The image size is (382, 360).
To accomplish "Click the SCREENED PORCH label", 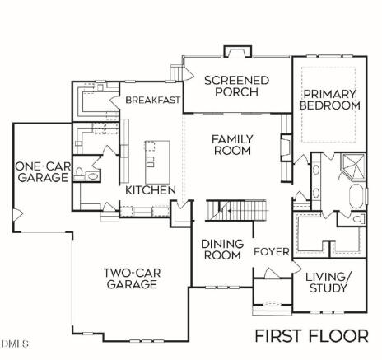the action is pos(236,86).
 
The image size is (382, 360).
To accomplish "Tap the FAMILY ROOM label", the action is pos(232,145).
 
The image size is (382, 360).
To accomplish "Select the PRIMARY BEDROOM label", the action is pos(329,100).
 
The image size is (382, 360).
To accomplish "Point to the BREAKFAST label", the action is pos(153,100).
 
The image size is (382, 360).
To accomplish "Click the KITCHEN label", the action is pos(151,190).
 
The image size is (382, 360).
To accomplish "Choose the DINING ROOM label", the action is pos(222,250).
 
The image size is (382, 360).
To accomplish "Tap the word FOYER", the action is pos(272,252).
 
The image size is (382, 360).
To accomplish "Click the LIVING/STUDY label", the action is pos(328,283).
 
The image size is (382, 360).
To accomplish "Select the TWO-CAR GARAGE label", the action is pos(132,278).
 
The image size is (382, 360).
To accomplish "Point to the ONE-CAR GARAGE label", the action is pos(43,172).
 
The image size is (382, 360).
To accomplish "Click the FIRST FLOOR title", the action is pos(312,336).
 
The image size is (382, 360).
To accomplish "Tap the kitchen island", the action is pos(157,162).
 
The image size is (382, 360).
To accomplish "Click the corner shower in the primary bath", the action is pos(353,166).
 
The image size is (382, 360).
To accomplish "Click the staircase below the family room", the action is pos(236,210).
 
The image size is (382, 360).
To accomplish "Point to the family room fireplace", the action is pos(286,147).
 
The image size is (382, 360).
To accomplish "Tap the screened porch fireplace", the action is pos(238,51).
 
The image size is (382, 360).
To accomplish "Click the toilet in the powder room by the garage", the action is pos(79,173).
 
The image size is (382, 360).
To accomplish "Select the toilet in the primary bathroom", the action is pos(359,219).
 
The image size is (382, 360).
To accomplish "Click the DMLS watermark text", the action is pos(15,344).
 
